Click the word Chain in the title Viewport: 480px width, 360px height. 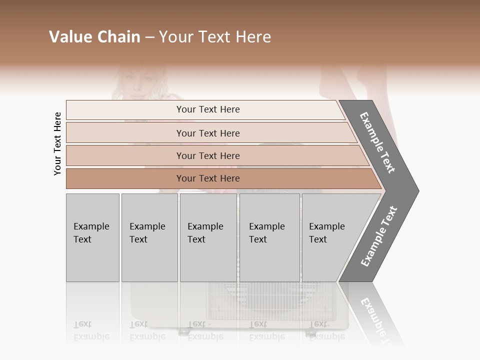coord(119,37)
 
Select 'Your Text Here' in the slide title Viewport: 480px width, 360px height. coord(215,37)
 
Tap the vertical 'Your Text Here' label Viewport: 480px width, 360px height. coord(57,143)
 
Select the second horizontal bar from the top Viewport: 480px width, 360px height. coord(208,133)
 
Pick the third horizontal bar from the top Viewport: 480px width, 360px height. coord(208,155)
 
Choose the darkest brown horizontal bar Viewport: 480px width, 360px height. coord(208,178)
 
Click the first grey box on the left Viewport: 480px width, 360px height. coord(92,237)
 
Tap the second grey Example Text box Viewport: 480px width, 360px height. coord(149,237)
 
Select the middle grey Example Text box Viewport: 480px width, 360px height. coord(208,237)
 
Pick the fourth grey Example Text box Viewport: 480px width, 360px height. coord(269,237)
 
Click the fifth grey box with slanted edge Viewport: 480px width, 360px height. coord(330,237)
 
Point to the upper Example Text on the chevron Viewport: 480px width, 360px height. coord(377,142)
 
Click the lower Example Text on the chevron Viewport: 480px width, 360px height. coord(379,236)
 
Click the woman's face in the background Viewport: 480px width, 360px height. coord(135,85)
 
